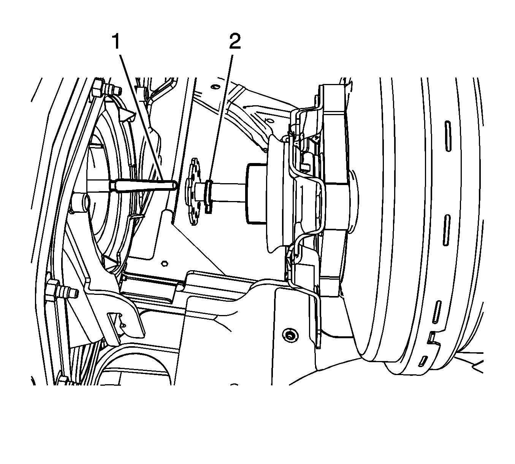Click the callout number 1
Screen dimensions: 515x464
coord(116,42)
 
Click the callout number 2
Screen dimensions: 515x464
coord(235,42)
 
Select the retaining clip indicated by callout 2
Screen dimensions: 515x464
coord(208,196)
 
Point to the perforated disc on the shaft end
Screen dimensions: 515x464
coord(193,191)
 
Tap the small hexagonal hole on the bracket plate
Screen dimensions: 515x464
coord(165,263)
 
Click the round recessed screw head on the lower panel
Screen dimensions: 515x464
coord(288,335)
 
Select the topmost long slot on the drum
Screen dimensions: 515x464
coord(448,136)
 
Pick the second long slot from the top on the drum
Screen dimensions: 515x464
coord(447,230)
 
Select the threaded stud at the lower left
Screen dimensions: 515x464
coord(62,292)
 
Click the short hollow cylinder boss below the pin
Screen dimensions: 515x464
coord(79,203)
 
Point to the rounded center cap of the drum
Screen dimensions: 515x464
coord(354,198)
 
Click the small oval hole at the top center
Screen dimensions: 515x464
coord(214,87)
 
